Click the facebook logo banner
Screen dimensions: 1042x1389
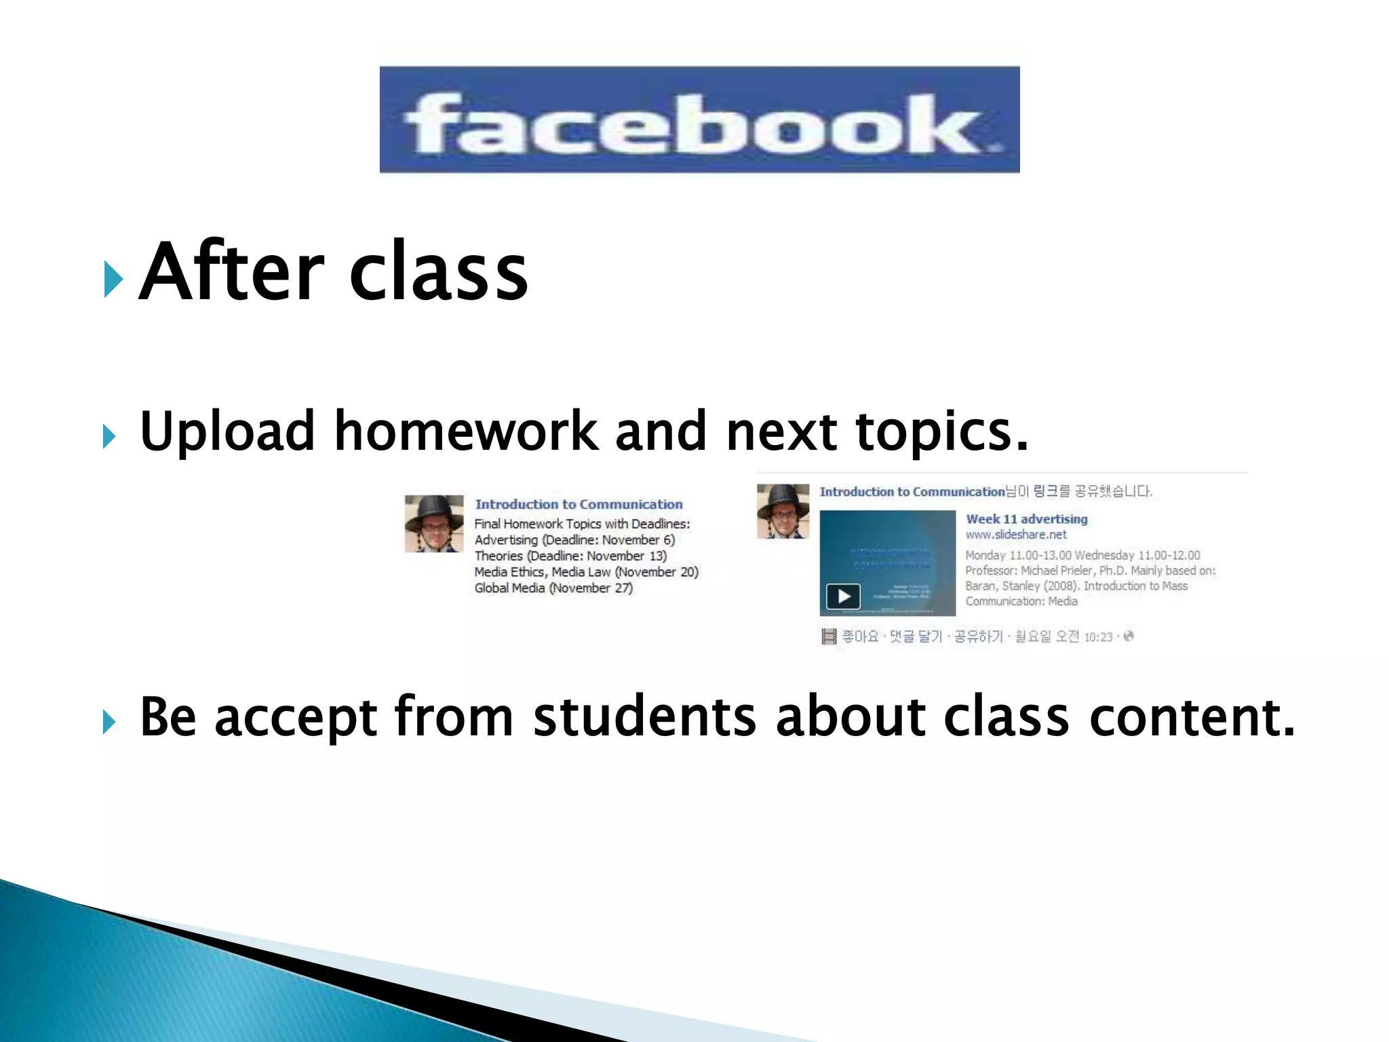pyautogui.click(x=699, y=119)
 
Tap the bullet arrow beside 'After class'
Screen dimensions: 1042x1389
pyautogui.click(x=113, y=279)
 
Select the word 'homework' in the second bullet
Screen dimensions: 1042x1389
pyautogui.click(x=466, y=431)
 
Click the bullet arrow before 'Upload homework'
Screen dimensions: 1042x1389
pyautogui.click(x=109, y=437)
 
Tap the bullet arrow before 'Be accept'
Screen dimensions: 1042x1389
pyautogui.click(x=109, y=722)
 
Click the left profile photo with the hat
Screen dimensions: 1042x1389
pyautogui.click(x=434, y=523)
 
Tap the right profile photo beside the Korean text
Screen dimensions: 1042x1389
pyautogui.click(x=783, y=511)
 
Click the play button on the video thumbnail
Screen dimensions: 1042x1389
pyautogui.click(x=843, y=596)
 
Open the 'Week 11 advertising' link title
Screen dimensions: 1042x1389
pyautogui.click(x=1026, y=519)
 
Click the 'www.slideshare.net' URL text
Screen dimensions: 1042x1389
pyautogui.click(x=1015, y=535)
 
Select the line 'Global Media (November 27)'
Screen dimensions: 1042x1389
pyautogui.click(x=553, y=588)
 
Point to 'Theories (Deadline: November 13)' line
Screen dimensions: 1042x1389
pyautogui.click(x=570, y=556)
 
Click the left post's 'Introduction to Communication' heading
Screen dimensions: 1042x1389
pyautogui.click(x=579, y=504)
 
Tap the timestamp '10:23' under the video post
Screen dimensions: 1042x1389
pyautogui.click(x=1098, y=637)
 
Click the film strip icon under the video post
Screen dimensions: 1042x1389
pyautogui.click(x=829, y=636)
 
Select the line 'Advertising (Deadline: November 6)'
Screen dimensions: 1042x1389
pyautogui.click(x=574, y=540)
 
